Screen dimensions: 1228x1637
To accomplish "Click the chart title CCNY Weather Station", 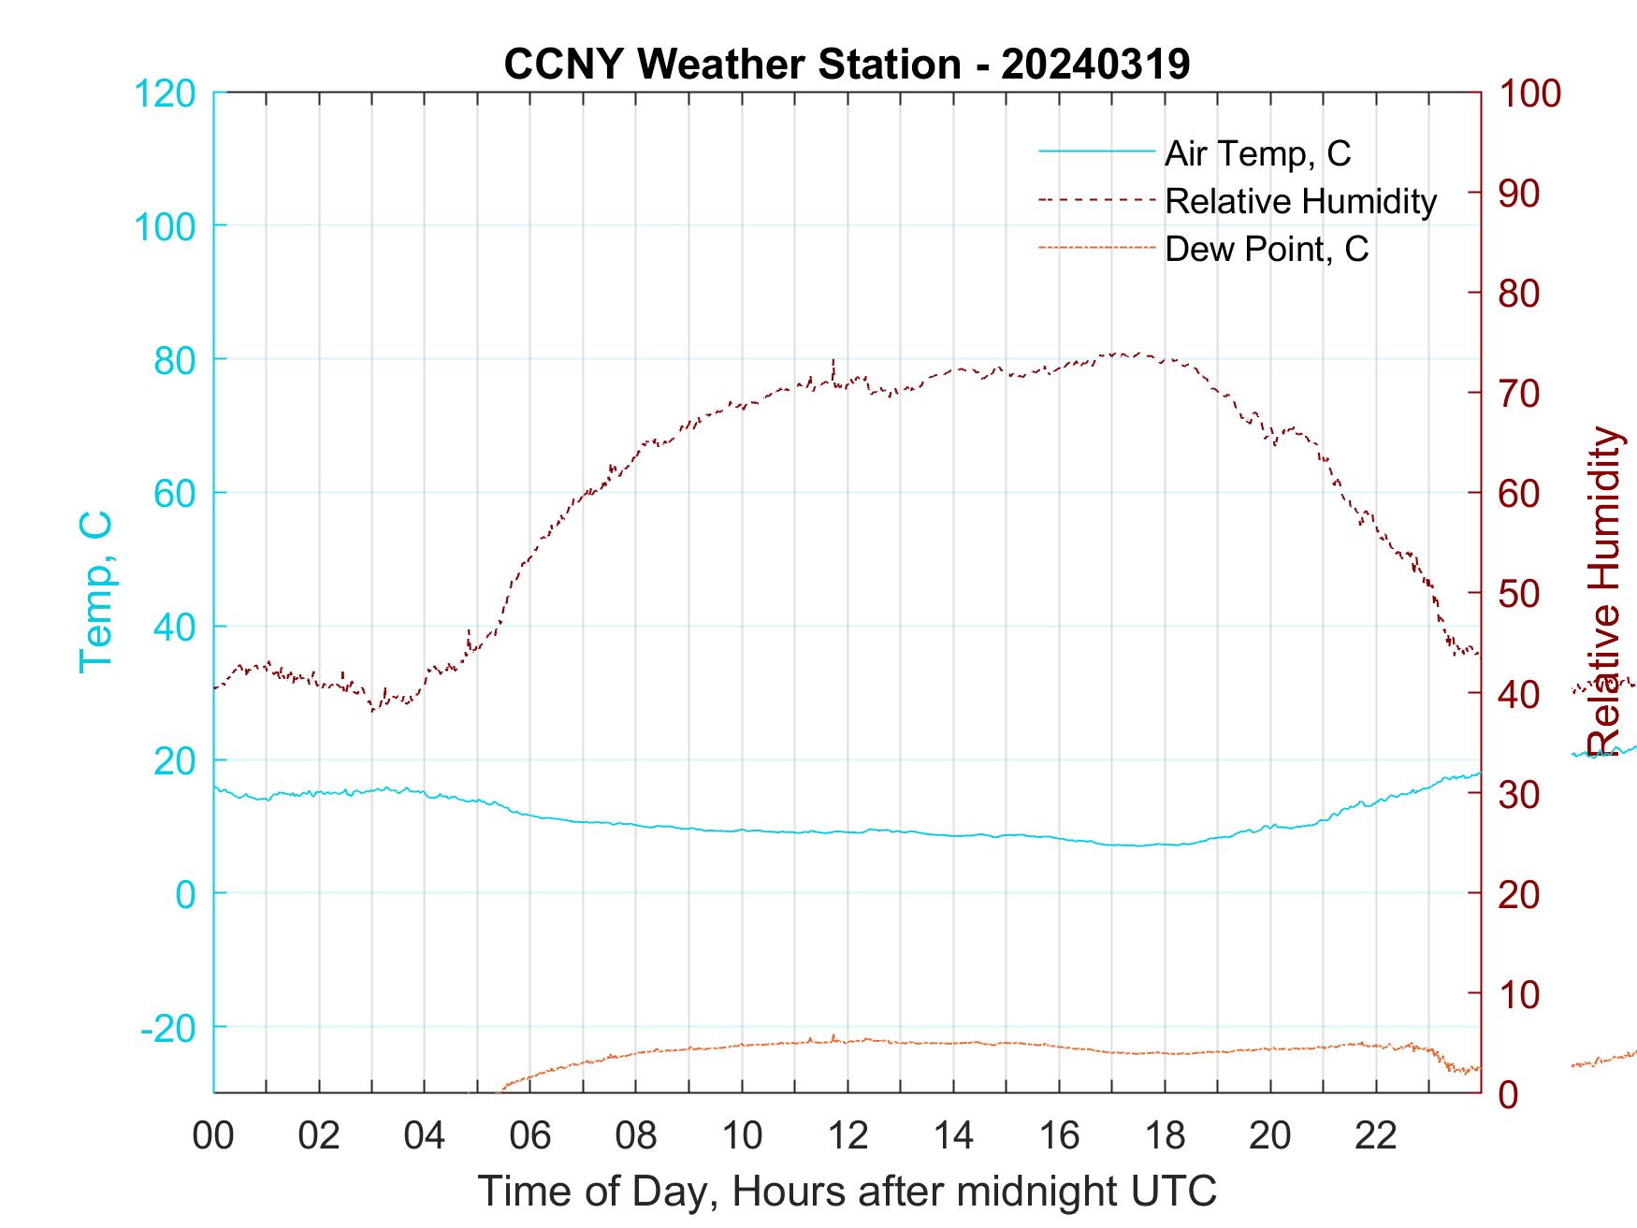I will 847,64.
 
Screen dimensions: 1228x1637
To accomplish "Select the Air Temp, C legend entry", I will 1257,153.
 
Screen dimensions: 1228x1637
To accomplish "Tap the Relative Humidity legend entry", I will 1300,201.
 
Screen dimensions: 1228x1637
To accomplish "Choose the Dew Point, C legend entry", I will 1267,249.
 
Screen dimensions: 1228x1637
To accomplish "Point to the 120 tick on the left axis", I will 165,94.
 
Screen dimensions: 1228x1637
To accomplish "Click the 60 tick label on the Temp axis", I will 174,493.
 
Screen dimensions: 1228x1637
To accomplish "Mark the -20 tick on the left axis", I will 168,1028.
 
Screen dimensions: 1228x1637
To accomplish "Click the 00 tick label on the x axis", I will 213,1135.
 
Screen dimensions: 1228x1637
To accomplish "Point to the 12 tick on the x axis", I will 847,1135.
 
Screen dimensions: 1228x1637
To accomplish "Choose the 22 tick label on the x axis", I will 1376,1135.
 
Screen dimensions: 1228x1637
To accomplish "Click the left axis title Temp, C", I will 95,591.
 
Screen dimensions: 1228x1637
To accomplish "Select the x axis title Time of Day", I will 847,1192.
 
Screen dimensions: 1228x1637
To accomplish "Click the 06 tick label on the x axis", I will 530,1135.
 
